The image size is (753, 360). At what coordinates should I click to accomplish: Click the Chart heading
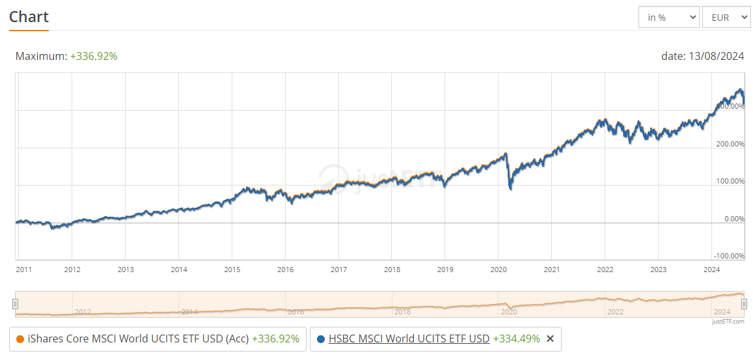pyautogui.click(x=29, y=17)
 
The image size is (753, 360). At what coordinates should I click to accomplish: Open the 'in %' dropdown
pyautogui.click(x=668, y=18)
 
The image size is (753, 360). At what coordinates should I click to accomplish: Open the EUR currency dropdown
pyautogui.click(x=726, y=18)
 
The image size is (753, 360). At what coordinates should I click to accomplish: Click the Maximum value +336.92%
pyautogui.click(x=94, y=57)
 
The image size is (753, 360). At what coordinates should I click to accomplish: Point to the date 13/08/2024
pyautogui.click(x=702, y=57)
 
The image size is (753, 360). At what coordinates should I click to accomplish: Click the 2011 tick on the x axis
pyautogui.click(x=25, y=270)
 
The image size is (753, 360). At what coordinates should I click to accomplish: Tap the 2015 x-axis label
pyautogui.click(x=232, y=270)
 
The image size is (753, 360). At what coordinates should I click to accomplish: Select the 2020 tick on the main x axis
pyautogui.click(x=499, y=270)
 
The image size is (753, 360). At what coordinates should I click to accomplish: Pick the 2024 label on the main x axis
pyautogui.click(x=711, y=270)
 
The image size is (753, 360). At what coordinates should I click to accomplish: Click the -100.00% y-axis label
pyautogui.click(x=729, y=256)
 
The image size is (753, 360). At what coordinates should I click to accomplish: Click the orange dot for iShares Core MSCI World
pyautogui.click(x=20, y=339)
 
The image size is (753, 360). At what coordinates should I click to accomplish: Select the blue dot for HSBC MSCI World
pyautogui.click(x=320, y=339)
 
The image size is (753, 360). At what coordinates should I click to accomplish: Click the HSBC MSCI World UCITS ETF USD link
pyautogui.click(x=409, y=339)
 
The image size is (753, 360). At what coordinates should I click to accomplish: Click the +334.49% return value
pyautogui.click(x=516, y=339)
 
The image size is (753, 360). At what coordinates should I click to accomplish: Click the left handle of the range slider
pyautogui.click(x=16, y=304)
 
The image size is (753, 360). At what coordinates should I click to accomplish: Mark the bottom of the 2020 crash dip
pyautogui.click(x=510, y=188)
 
